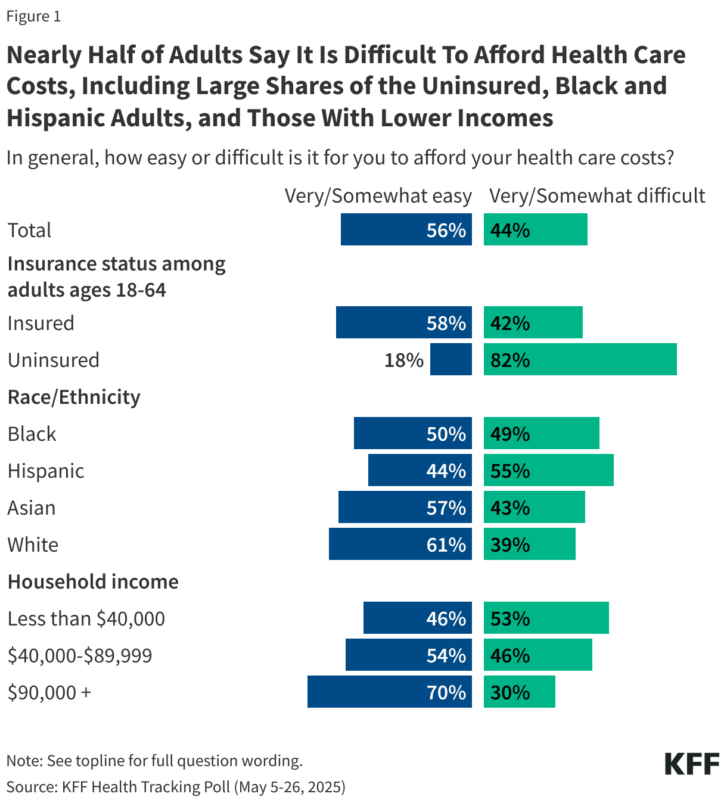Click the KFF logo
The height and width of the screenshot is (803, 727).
click(692, 764)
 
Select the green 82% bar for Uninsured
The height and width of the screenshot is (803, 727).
click(580, 359)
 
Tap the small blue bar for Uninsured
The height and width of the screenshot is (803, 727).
click(451, 359)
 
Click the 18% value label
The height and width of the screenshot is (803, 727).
click(403, 360)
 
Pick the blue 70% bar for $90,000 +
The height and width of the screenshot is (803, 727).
click(389, 692)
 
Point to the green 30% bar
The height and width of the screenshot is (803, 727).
click(519, 692)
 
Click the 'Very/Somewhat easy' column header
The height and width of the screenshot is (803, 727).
click(378, 196)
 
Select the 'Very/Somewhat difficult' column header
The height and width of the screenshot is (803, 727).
click(597, 196)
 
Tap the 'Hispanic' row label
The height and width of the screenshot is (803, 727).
click(46, 471)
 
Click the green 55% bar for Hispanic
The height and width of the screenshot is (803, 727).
click(548, 470)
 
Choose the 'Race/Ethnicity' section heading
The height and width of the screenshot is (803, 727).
click(74, 397)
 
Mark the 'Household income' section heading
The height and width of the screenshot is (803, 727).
click(93, 581)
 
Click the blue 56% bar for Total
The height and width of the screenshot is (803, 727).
click(406, 229)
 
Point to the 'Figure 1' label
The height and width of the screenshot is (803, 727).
click(33, 16)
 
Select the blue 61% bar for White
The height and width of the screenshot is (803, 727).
click(400, 544)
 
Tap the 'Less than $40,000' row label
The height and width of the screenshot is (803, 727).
click(86, 618)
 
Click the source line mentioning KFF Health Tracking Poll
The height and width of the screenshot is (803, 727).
click(176, 786)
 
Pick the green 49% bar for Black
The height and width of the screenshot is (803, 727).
click(541, 433)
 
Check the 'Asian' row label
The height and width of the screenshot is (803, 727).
click(32, 508)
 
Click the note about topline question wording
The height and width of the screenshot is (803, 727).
click(154, 760)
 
